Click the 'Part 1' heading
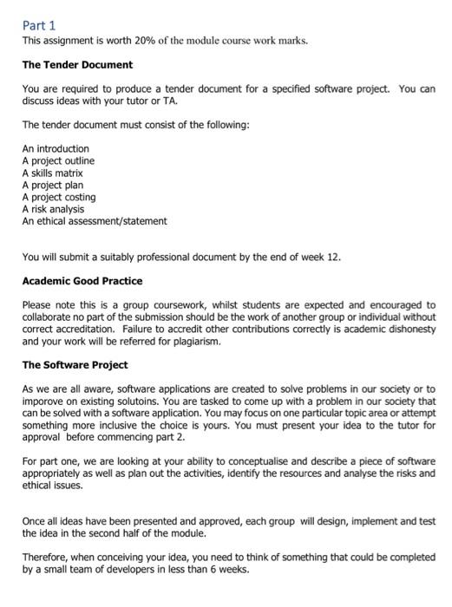click(38, 26)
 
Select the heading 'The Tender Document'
click(77, 65)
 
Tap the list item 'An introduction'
click(56, 149)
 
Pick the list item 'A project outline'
click(58, 161)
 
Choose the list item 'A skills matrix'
click(52, 173)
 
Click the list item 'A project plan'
click(52, 186)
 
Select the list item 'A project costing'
click(59, 197)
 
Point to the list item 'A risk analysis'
click(53, 209)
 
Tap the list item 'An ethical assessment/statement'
click(95, 221)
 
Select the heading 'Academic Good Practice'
click(82, 281)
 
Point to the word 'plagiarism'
click(197, 342)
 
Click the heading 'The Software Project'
click(75, 365)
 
